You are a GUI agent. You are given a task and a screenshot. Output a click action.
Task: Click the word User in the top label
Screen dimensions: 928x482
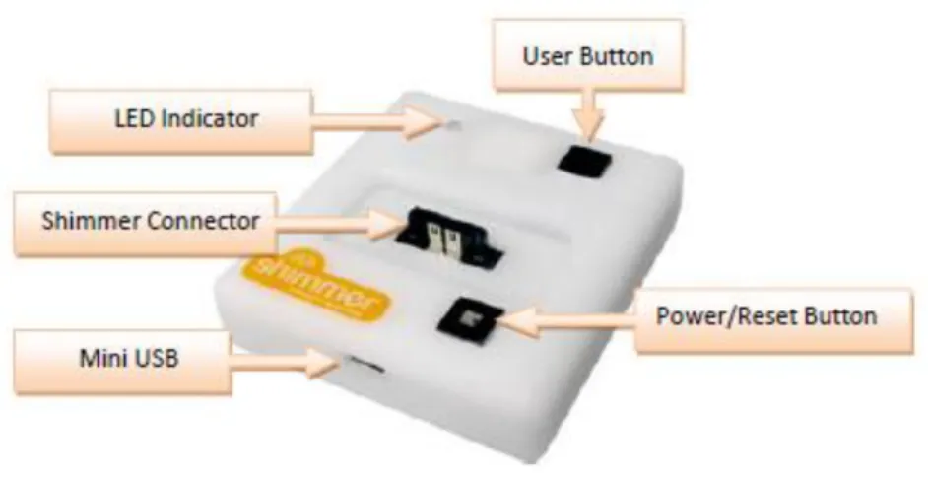pyautogui.click(x=548, y=56)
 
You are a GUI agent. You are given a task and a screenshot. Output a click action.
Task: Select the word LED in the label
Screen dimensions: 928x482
pyautogui.click(x=134, y=118)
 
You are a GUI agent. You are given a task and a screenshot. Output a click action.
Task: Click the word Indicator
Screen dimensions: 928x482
pyautogui.click(x=210, y=118)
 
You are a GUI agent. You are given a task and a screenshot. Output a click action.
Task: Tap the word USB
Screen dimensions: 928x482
pyautogui.click(x=155, y=358)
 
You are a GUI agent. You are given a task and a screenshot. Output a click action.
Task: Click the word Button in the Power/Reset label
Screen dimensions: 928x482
pyautogui.click(x=840, y=316)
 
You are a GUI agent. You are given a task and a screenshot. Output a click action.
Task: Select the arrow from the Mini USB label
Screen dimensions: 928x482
pyautogui.click(x=284, y=363)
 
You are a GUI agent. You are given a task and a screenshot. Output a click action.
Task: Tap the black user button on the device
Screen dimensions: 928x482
pyautogui.click(x=584, y=161)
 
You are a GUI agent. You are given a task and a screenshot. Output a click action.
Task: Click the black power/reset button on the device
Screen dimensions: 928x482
pyautogui.click(x=471, y=321)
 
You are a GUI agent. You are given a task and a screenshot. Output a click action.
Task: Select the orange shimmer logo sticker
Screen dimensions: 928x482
pyautogui.click(x=316, y=287)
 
